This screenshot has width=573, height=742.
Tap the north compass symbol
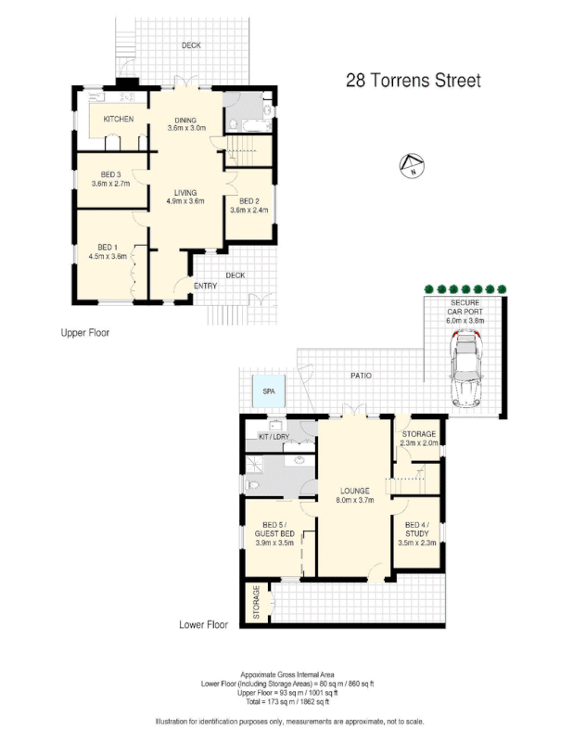point(412,167)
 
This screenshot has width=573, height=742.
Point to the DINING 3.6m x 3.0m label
point(185,124)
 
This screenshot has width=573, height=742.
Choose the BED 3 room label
point(109,179)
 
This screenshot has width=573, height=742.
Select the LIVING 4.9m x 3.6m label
point(185,196)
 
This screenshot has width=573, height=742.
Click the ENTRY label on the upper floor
point(205,286)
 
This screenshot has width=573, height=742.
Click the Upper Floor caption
point(85,331)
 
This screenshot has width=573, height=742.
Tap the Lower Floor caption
point(203,624)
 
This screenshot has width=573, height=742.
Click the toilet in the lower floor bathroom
point(252,485)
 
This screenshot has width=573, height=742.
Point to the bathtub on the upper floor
point(247,116)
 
